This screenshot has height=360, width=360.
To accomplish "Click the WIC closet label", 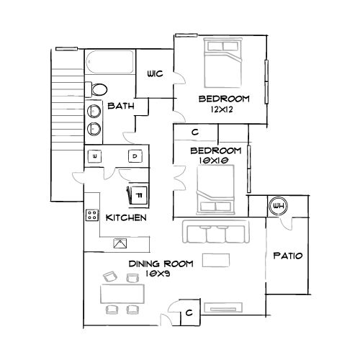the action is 156,73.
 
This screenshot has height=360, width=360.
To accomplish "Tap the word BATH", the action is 121,106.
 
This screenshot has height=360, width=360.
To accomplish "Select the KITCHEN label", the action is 126,217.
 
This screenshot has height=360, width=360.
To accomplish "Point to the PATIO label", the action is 288,256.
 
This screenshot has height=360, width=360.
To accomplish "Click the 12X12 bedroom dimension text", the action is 222,109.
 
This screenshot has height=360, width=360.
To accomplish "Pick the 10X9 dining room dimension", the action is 158,274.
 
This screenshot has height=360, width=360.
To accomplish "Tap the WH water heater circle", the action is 279,206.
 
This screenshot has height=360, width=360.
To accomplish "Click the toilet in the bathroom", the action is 96,89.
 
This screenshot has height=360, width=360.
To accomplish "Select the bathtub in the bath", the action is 110,62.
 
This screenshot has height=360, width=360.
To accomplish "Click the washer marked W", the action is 94,156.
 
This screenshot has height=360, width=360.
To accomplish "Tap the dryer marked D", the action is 135,156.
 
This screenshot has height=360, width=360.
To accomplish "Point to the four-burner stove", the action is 92,215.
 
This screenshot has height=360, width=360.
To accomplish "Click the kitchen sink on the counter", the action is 120,243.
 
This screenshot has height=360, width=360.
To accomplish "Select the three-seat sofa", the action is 216,231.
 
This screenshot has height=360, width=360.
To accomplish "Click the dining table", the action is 122,294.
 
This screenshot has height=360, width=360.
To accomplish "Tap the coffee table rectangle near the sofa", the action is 216,260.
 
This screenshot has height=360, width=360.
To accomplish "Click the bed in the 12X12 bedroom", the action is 222,63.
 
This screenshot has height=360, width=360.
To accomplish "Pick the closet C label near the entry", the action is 189,312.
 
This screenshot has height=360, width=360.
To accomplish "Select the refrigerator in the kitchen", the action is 138,195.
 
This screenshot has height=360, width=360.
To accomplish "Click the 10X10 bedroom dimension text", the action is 213,161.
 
